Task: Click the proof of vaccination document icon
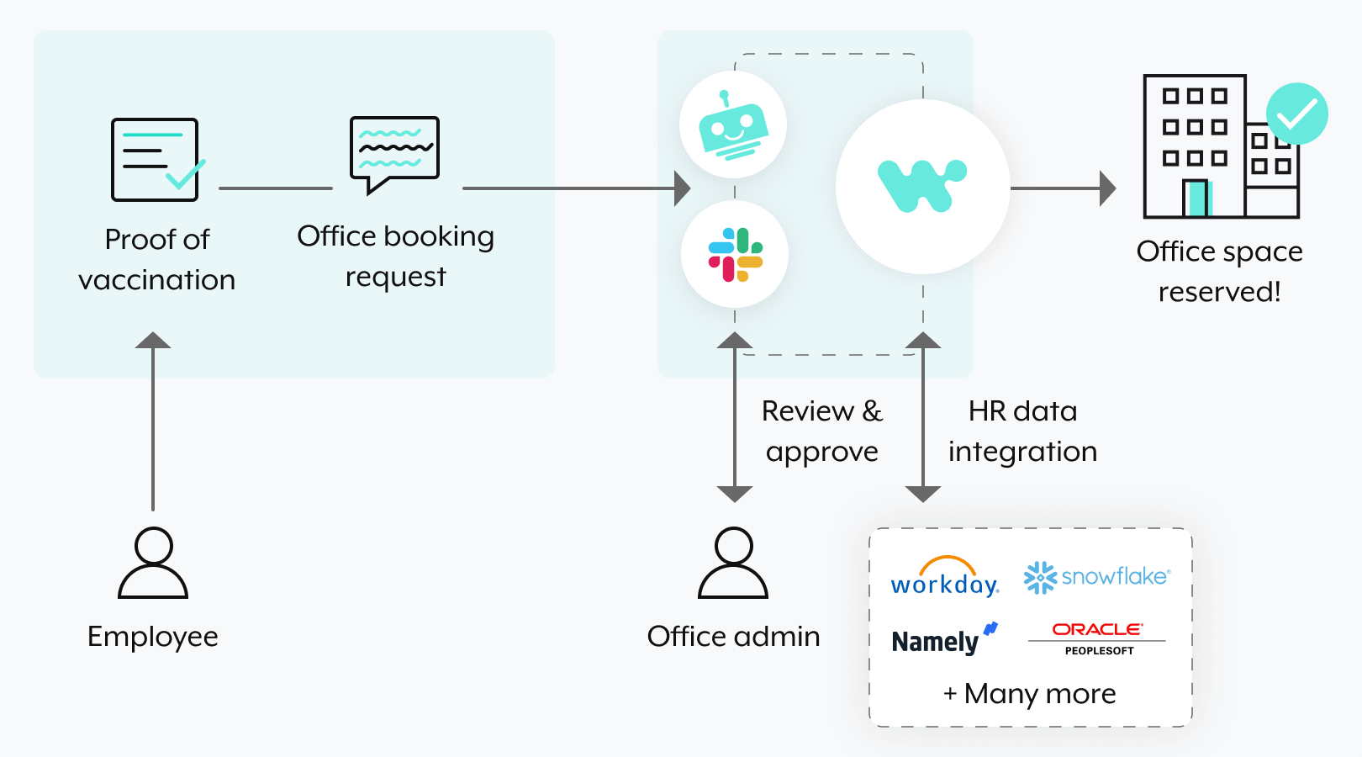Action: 156,160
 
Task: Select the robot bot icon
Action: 733,125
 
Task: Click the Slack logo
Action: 735,254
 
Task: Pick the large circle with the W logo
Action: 923,187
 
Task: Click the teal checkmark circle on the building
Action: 1297,114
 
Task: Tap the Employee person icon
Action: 153,563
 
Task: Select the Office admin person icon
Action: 733,563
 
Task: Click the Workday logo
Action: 945,578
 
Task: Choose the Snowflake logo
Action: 1096,577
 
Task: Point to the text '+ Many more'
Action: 1030,694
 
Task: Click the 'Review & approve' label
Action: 821,431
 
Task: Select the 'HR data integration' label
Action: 1022,431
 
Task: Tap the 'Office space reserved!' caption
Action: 1219,272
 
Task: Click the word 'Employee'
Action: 153,637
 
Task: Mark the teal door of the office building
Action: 1196,199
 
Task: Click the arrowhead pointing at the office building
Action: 1108,188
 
